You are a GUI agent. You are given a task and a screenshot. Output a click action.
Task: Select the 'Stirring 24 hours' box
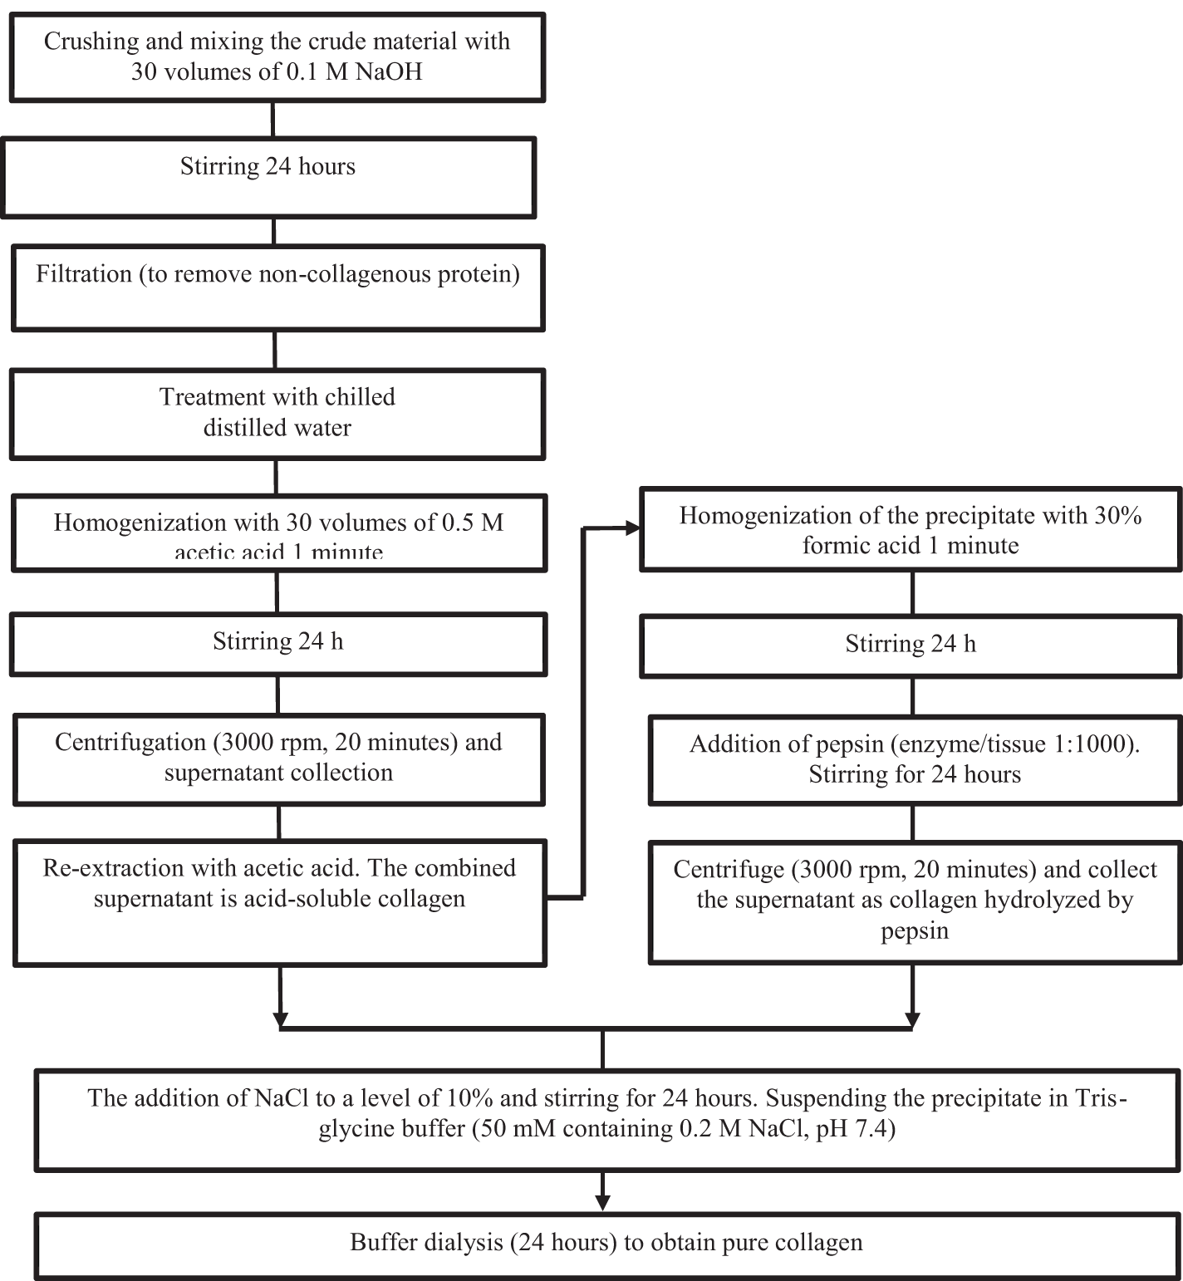268,177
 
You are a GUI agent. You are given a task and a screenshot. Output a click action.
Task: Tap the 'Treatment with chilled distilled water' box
277,413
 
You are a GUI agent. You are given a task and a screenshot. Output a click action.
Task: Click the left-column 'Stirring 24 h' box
277,643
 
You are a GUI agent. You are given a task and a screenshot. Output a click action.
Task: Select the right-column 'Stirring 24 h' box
911,645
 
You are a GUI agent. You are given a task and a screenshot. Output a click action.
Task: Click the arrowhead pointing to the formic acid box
632,528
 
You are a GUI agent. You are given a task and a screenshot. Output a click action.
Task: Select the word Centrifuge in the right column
728,870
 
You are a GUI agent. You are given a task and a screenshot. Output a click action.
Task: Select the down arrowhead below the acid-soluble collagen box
281,1018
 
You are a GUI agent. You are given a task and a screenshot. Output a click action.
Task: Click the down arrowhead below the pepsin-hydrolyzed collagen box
912,1018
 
